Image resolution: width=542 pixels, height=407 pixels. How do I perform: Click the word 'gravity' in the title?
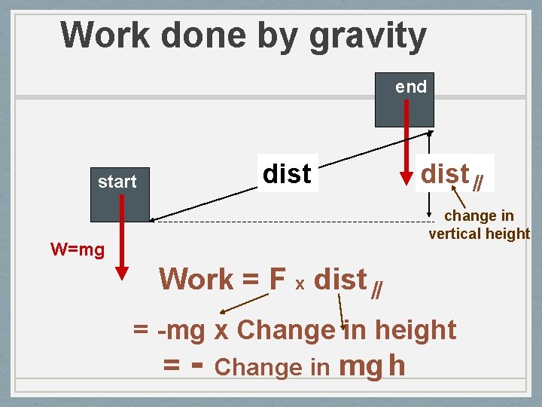click(x=369, y=36)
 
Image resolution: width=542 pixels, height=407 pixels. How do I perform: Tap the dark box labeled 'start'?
click(x=120, y=194)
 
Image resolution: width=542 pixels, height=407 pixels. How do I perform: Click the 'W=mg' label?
click(x=77, y=249)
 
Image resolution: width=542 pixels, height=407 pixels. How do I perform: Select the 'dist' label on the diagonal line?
click(x=287, y=174)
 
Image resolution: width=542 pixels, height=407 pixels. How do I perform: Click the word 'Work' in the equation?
click(x=196, y=280)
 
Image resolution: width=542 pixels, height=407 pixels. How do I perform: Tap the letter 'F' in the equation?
click(x=276, y=280)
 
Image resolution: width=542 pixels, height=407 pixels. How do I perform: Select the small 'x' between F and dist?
click(x=300, y=284)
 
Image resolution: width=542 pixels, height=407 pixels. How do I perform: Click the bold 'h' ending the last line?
click(x=397, y=366)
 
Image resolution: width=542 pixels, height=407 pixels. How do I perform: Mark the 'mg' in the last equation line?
click(x=362, y=367)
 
